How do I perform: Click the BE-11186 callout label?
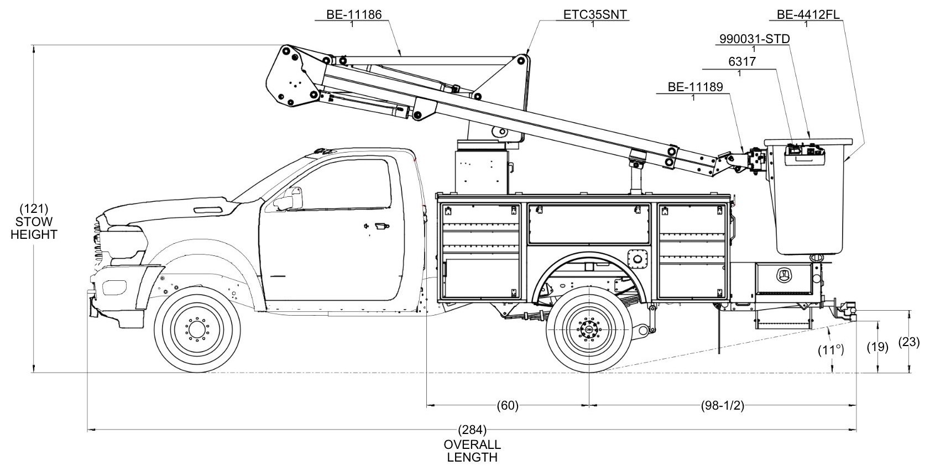tap(354, 14)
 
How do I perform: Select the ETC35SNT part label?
tap(595, 14)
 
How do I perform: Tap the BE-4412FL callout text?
tap(808, 14)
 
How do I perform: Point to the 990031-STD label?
tap(754, 39)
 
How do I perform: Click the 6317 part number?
tap(741, 62)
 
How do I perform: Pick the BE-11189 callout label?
tap(695, 87)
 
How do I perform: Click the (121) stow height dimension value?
tap(34, 209)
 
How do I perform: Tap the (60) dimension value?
tap(507, 406)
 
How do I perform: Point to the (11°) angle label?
tap(831, 350)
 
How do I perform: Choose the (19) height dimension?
tap(877, 347)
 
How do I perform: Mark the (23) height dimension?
tap(909, 342)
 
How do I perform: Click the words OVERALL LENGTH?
tap(472, 451)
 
